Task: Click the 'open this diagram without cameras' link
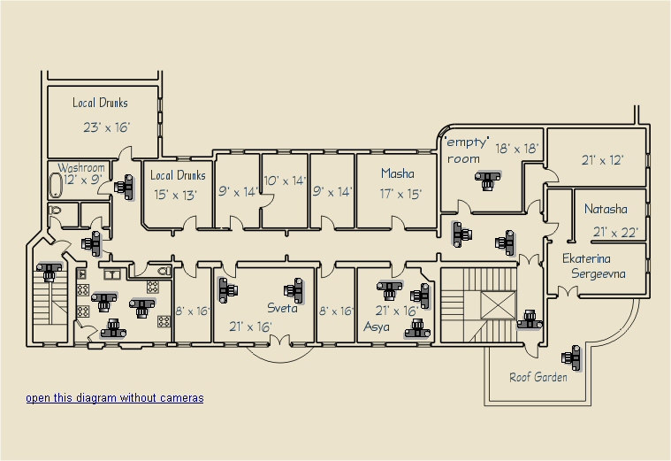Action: click(x=115, y=398)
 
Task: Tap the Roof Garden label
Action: click(x=538, y=377)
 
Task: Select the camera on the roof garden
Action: click(x=572, y=357)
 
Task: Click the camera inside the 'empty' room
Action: click(x=488, y=180)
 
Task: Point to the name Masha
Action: click(x=398, y=173)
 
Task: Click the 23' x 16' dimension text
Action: click(x=107, y=127)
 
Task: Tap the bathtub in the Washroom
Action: click(x=55, y=186)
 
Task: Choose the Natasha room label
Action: click(x=606, y=209)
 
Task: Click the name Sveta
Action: click(x=282, y=308)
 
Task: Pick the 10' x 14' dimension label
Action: click(x=285, y=181)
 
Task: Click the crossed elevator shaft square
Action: click(x=498, y=305)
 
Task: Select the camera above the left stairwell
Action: click(x=50, y=272)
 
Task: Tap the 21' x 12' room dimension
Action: click(x=603, y=160)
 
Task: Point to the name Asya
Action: click(x=377, y=327)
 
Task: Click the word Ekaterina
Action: click(x=586, y=258)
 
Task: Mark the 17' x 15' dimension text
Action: click(x=400, y=194)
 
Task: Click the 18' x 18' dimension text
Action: click(x=517, y=149)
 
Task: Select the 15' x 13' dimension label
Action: click(x=175, y=195)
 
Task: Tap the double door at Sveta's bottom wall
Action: click(x=280, y=342)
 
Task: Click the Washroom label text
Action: click(x=81, y=167)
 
